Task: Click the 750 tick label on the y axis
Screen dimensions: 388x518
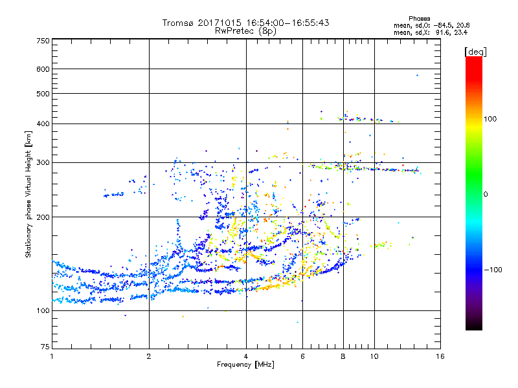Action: click(x=43, y=40)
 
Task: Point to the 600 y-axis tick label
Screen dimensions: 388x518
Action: click(x=43, y=69)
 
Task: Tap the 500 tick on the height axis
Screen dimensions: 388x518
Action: click(x=43, y=94)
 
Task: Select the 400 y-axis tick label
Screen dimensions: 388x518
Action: click(x=43, y=124)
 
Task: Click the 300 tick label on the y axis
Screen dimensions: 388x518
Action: click(x=43, y=162)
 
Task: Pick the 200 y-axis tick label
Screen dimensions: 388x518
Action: click(x=43, y=217)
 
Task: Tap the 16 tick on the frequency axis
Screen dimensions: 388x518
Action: click(x=440, y=356)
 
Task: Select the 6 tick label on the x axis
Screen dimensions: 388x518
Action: click(x=302, y=356)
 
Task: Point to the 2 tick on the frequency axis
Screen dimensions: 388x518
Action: click(x=149, y=356)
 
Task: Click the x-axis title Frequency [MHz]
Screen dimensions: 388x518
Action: click(x=245, y=365)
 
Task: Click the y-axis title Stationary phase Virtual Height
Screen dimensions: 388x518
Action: click(x=28, y=194)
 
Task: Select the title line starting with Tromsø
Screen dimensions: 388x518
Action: click(x=245, y=23)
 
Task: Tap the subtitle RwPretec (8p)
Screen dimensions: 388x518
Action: click(x=245, y=30)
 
